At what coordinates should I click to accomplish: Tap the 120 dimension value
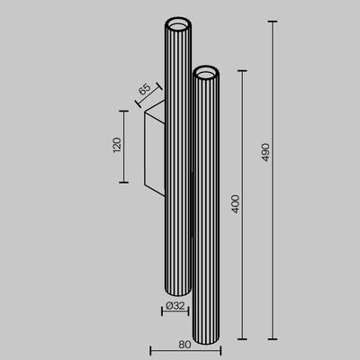[116, 146]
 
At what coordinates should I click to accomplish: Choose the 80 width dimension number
[184, 342]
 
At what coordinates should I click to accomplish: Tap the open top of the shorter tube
[206, 71]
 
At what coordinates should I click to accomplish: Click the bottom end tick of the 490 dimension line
[271, 339]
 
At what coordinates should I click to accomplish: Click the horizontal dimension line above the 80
[184, 350]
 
